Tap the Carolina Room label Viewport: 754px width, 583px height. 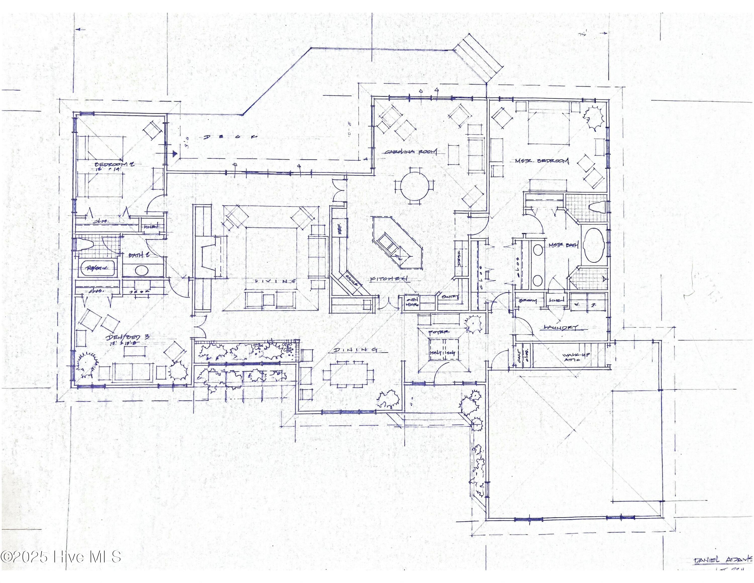411,152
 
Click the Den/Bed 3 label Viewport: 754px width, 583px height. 127,337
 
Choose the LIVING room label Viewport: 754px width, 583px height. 275,281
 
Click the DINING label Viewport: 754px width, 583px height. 355,350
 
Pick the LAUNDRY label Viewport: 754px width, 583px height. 561,327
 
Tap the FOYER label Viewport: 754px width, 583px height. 439,332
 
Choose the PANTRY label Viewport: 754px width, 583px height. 448,296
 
